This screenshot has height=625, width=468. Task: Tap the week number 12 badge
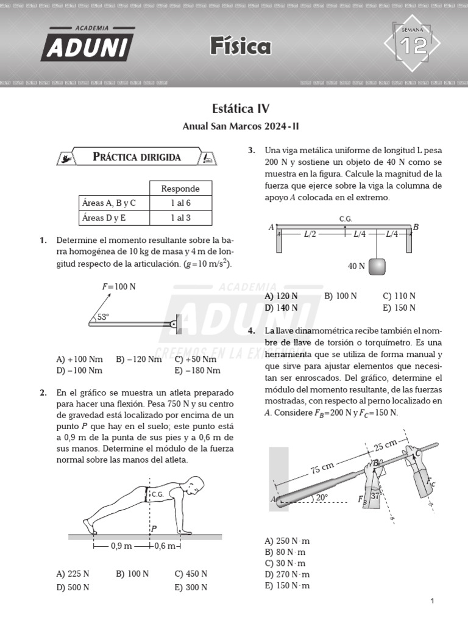pyautogui.click(x=412, y=45)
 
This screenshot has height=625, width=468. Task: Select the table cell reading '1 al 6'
pyautogui.click(x=180, y=203)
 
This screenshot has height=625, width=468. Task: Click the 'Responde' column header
pyautogui.click(x=180, y=188)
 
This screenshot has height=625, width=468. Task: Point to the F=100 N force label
pyautogui.click(x=119, y=286)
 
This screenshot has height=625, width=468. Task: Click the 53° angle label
pyautogui.click(x=103, y=317)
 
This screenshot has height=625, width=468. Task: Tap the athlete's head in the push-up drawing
pyautogui.click(x=193, y=487)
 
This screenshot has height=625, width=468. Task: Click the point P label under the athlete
pyautogui.click(x=154, y=529)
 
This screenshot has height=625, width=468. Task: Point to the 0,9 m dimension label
pyautogui.click(x=121, y=546)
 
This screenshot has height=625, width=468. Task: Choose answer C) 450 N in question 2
pyautogui.click(x=191, y=574)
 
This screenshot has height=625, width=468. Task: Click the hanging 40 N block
pyautogui.click(x=377, y=266)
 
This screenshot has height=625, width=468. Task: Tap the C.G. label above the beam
pyautogui.click(x=346, y=219)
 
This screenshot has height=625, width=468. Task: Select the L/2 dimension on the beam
pyautogui.click(x=311, y=233)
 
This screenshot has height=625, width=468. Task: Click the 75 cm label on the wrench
pyautogui.click(x=322, y=468)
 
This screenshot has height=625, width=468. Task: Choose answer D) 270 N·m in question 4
pyautogui.click(x=287, y=574)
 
